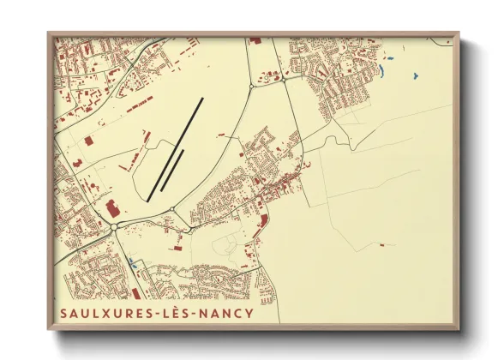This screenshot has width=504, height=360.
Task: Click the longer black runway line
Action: point(176,149)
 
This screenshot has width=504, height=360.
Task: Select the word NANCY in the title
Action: point(226,313)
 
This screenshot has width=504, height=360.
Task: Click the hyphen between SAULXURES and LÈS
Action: point(159,314)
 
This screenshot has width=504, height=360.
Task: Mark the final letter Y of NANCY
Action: point(249,313)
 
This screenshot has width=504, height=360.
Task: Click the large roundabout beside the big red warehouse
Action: point(114,226)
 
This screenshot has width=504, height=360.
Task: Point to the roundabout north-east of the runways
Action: point(250,87)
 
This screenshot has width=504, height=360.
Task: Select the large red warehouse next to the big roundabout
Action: point(109,207)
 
